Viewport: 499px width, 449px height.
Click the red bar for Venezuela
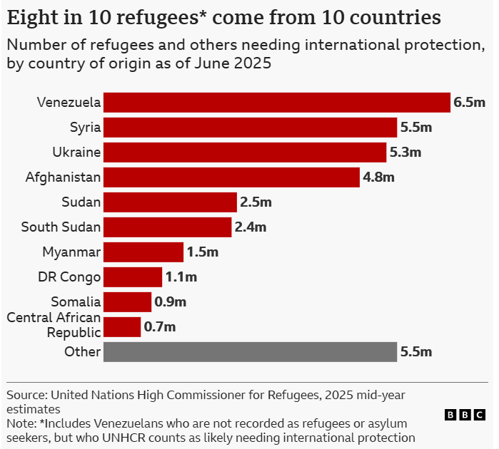(277, 103)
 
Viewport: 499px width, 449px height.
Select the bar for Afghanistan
(231, 177)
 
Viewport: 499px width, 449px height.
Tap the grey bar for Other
(250, 351)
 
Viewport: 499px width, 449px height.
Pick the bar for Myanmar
(143, 252)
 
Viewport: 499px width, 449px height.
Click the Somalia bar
(128, 302)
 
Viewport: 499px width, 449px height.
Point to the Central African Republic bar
(122, 327)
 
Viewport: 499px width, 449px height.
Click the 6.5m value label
(469, 103)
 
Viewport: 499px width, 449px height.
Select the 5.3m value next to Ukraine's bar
(405, 153)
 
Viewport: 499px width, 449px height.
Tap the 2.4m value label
(251, 227)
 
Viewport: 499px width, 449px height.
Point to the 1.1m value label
(181, 277)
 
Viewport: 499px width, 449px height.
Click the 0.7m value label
(160, 327)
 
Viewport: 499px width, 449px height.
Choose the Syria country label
(85, 128)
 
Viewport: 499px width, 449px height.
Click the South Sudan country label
(61, 227)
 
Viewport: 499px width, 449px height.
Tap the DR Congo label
(69, 277)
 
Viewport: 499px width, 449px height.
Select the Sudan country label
(81, 202)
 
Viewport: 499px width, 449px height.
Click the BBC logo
(465, 414)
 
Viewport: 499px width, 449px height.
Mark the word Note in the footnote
(20, 423)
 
